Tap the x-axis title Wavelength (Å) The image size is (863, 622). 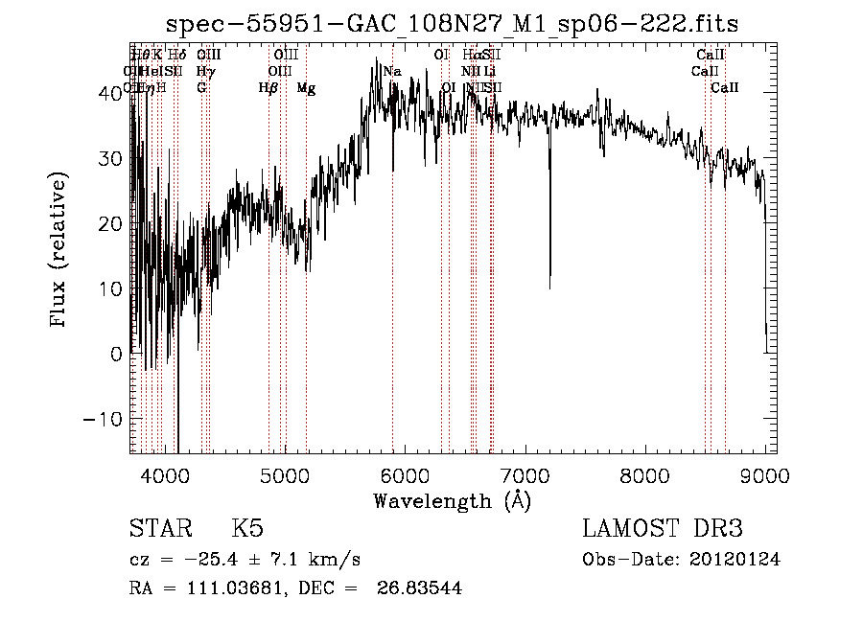(452, 500)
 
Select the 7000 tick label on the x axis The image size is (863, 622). (525, 475)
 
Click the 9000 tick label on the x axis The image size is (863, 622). (765, 475)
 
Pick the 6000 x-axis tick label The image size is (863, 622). (406, 475)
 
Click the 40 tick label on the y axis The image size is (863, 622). (113, 92)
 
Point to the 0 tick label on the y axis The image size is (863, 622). (118, 354)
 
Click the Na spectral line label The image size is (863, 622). (392, 72)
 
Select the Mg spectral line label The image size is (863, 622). (306, 88)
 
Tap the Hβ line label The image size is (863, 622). (268, 88)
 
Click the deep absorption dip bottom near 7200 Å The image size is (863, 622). (549, 286)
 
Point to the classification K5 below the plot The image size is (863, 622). (247, 529)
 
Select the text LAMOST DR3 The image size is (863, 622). (662, 529)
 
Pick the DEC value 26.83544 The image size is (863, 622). (421, 588)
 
